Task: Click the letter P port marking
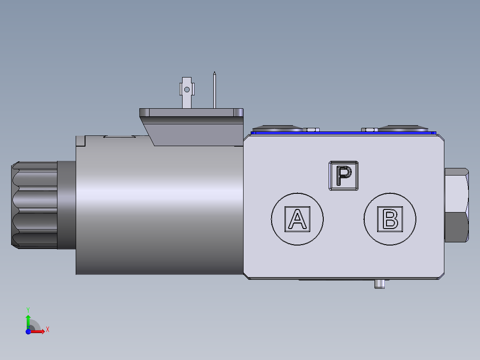pos(343,176)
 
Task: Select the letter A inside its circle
pos(297,219)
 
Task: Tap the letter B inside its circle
pos(390,219)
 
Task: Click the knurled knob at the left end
pos(34,205)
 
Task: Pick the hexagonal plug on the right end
pos(456,205)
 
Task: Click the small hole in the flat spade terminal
pos(187,90)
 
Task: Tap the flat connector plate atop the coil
pos(191,112)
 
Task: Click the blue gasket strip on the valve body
pos(343,133)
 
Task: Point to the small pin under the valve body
pos(379,284)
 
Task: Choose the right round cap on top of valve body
pos(404,128)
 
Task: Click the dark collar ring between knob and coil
pos(67,205)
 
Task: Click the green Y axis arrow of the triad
pos(28,321)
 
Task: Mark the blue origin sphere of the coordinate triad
pos(28,331)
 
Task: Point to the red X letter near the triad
pos(47,330)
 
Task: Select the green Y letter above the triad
pos(28,309)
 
